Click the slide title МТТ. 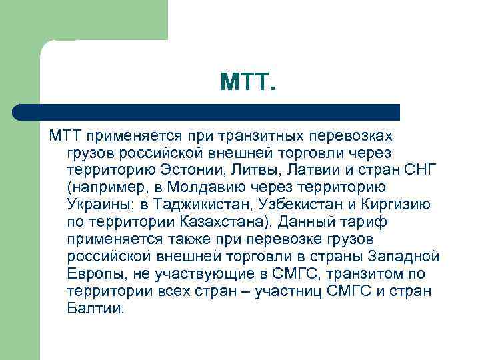[247, 83]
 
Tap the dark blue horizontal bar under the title [207, 111]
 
